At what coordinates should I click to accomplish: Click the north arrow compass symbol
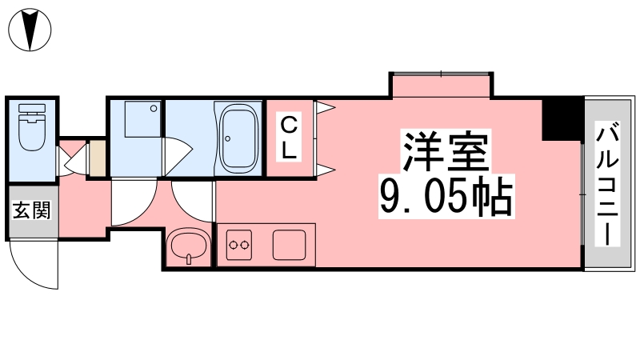30,30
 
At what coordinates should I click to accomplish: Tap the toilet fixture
32,127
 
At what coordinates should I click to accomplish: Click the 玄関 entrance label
31,210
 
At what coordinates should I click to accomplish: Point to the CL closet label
289,137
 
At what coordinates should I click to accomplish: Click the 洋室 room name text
446,151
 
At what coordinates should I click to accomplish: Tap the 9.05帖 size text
446,198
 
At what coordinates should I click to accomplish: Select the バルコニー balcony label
607,184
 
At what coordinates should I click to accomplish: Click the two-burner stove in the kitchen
239,245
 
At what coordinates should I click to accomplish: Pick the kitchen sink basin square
290,245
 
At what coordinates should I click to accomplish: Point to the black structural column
562,119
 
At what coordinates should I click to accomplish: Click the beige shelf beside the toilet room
98,158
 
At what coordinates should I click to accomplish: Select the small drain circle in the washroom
154,109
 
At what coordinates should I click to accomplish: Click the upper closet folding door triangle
326,108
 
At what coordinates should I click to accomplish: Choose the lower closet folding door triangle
326,170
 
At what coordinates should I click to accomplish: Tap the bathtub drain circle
227,138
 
